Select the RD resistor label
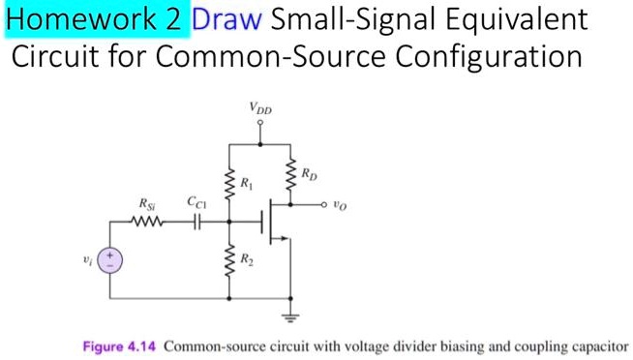tap(308, 175)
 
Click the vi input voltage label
tap(89, 258)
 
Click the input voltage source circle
tap(113, 258)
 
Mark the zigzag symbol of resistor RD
tap(290, 176)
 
